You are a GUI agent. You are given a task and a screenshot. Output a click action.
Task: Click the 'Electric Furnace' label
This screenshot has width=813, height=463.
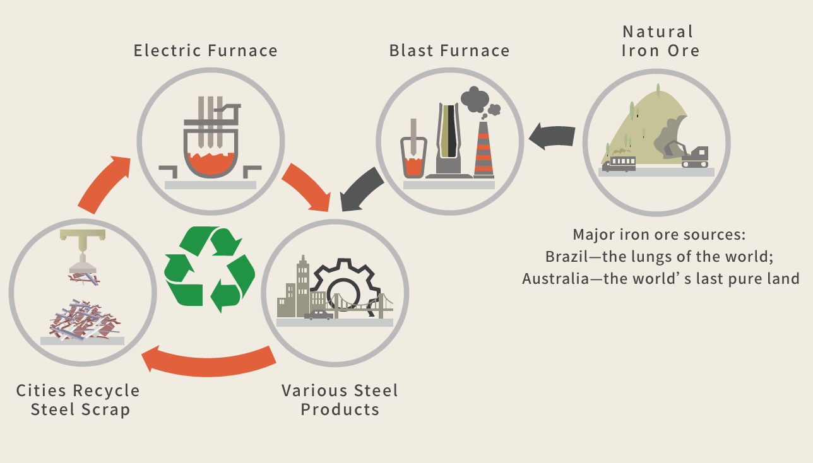pos(206,50)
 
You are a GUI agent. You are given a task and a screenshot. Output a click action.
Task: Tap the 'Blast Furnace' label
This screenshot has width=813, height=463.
pos(449,50)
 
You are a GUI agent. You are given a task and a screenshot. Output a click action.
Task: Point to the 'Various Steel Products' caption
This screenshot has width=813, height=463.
pos(340,399)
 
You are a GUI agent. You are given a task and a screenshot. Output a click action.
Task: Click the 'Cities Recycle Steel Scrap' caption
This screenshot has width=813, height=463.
pos(78,399)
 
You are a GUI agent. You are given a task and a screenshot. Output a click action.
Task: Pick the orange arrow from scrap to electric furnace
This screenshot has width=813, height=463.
pos(104,182)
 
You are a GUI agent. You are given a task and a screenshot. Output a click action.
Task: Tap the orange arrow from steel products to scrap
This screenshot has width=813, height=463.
pos(208,361)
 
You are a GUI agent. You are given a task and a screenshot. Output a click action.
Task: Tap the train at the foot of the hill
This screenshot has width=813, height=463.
pos(619,164)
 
